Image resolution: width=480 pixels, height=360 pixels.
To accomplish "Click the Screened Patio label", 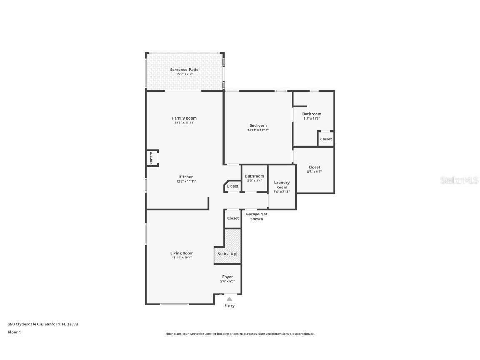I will tap(184, 70).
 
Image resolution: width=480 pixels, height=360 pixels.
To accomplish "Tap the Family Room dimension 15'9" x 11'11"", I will tap(184, 123).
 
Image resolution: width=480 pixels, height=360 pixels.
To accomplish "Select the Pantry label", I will tap(152, 158).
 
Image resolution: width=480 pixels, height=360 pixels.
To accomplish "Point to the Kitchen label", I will tap(186, 177).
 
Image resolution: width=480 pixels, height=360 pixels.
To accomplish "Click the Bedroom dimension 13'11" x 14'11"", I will tap(258, 130).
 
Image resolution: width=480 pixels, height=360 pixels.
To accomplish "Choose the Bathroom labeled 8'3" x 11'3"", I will tap(312, 114).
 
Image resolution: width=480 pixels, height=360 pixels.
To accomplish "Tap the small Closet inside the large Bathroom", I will tap(326, 139).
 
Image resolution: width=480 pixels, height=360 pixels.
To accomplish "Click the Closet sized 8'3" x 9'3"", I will tap(314, 167).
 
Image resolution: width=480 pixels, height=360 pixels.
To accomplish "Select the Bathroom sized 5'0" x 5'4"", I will tap(254, 176).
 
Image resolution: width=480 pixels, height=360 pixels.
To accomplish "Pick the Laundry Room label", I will tap(282, 185).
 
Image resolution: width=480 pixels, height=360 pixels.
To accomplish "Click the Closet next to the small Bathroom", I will tap(232, 186).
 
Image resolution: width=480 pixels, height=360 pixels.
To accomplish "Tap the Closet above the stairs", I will tap(233, 218).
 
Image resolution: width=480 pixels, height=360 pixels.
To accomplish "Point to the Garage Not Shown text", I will tap(257, 217).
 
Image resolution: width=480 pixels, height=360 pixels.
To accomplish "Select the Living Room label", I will tap(182, 253).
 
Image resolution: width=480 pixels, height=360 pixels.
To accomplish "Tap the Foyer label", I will tap(227, 277).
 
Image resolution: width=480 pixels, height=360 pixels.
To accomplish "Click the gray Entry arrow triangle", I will tap(229, 299).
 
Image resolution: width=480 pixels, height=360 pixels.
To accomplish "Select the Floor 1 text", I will tap(14, 332).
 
